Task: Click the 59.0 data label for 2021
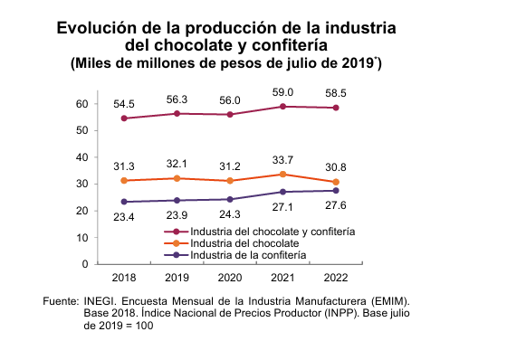click(x=284, y=91)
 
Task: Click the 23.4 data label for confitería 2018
click(x=124, y=218)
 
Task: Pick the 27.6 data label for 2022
click(x=336, y=207)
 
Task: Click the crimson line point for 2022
click(x=336, y=108)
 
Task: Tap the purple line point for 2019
click(x=177, y=200)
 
